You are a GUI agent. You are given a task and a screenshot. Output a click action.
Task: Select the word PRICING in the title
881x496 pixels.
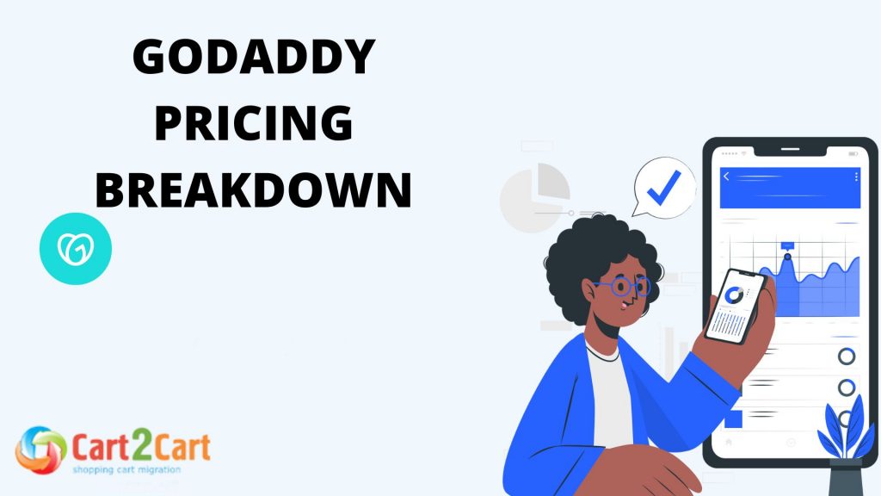pyautogui.click(x=254, y=126)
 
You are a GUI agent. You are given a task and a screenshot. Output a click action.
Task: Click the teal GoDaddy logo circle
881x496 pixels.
pyautogui.click(x=76, y=249)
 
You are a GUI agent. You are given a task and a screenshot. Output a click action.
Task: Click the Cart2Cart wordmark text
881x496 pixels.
pyautogui.click(x=141, y=447)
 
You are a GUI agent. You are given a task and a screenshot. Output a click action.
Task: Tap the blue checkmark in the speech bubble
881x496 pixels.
pyautogui.click(x=663, y=187)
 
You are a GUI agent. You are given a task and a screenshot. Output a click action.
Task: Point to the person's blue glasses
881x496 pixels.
pyautogui.click(x=622, y=286)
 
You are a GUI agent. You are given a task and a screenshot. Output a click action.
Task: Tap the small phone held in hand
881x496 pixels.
pyautogui.click(x=736, y=306)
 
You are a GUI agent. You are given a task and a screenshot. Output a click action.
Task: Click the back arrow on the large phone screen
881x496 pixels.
pyautogui.click(x=727, y=177)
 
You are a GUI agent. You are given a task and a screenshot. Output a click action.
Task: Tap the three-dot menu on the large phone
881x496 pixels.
pyautogui.click(x=857, y=177)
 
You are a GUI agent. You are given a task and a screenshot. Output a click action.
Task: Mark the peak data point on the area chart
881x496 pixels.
pyautogui.click(x=786, y=256)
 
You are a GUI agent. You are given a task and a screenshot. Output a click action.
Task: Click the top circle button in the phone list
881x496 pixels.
pyautogui.click(x=847, y=356)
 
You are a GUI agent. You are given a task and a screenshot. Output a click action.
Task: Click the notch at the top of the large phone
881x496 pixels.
pyautogui.click(x=791, y=152)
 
